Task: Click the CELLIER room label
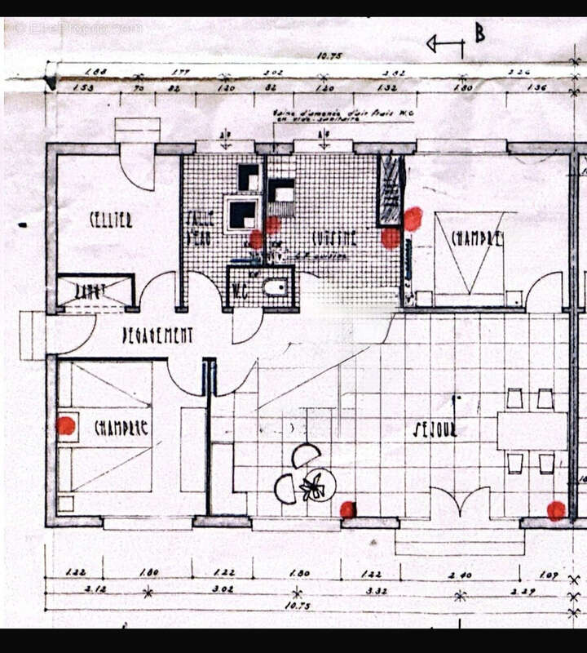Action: click(x=111, y=219)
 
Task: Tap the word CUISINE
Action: click(x=334, y=238)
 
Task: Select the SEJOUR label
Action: click(x=435, y=429)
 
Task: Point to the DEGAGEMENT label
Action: click(x=157, y=335)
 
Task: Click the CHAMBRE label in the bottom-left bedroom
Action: click(x=121, y=427)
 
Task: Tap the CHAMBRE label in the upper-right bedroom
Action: click(x=477, y=238)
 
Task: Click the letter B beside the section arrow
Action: click(x=479, y=34)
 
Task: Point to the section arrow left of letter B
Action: click(x=445, y=45)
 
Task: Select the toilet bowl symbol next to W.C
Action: click(x=275, y=287)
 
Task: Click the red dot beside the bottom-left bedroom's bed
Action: click(x=66, y=425)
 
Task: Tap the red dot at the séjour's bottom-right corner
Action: click(x=556, y=511)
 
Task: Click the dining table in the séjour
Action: click(x=532, y=431)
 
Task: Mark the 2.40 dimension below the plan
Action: click(x=461, y=575)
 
